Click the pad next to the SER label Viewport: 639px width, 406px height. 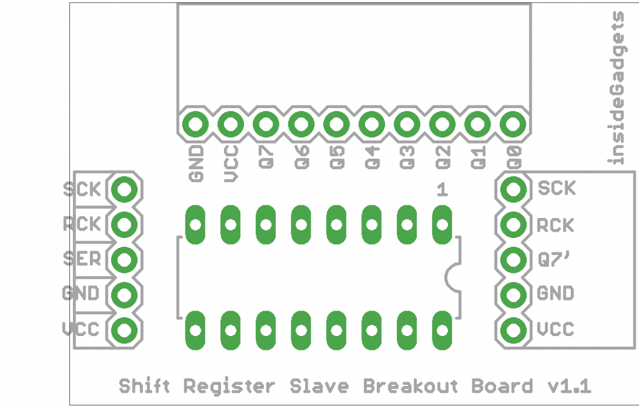(125, 259)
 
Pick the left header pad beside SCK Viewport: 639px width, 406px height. (125, 188)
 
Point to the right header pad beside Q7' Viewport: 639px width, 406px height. (513, 259)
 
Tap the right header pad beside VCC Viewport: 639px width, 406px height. (513, 330)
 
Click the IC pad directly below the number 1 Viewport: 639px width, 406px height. (442, 224)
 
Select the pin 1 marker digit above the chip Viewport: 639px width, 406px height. (442, 190)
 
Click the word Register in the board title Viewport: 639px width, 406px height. (229, 387)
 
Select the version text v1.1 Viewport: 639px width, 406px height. (568, 387)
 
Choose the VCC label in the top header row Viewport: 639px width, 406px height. (231, 163)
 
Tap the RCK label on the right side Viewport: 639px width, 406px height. (555, 224)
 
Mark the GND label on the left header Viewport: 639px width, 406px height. (81, 294)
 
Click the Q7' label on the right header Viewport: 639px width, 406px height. (553, 259)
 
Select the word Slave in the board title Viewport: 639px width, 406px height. (319, 387)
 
